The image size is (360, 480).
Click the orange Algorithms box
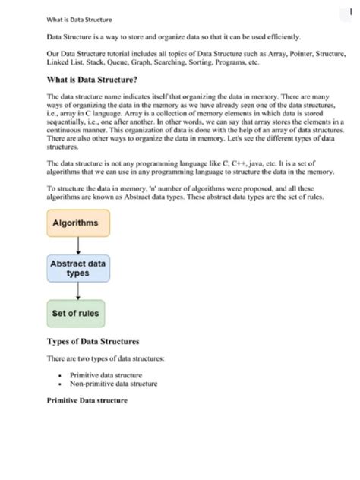point(79,223)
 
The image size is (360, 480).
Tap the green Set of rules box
point(75,313)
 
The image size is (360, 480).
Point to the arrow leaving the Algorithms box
point(78,245)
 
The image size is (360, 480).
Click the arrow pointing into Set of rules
point(78,292)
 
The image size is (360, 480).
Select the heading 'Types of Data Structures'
point(93,342)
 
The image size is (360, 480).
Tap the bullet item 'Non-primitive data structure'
point(113,384)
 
